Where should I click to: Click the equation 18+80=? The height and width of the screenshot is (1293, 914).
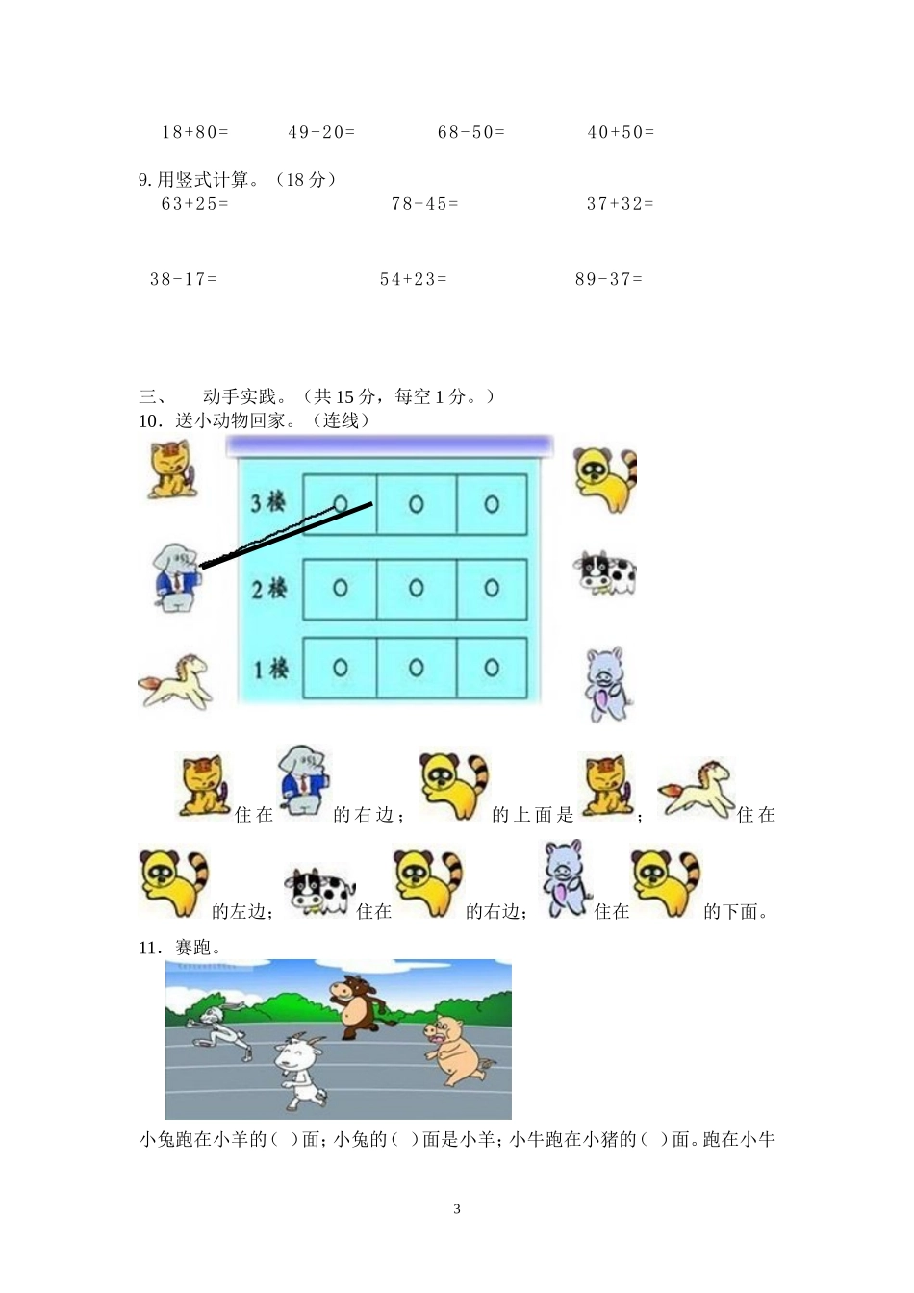point(195,132)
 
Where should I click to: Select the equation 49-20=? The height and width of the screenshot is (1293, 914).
point(321,132)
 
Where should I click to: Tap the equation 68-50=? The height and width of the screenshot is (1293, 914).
point(471,132)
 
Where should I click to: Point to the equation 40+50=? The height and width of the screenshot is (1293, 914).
point(621,132)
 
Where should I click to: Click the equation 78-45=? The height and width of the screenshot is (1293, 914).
point(424,204)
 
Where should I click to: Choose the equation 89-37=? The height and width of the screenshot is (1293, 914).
point(609,279)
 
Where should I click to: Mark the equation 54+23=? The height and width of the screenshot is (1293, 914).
point(414,279)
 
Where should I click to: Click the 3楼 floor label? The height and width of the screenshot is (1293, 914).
point(268,502)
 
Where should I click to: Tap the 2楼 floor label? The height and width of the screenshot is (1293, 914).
point(268,587)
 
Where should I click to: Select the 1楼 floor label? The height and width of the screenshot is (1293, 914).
point(269,668)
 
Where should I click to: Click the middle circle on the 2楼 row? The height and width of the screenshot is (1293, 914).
point(416,587)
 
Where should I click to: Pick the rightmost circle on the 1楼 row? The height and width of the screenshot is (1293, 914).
point(492,668)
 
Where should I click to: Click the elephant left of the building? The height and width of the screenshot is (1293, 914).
point(176,576)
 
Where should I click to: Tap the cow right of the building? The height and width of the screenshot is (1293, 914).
point(605,573)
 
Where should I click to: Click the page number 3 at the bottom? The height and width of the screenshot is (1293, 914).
point(457,1209)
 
